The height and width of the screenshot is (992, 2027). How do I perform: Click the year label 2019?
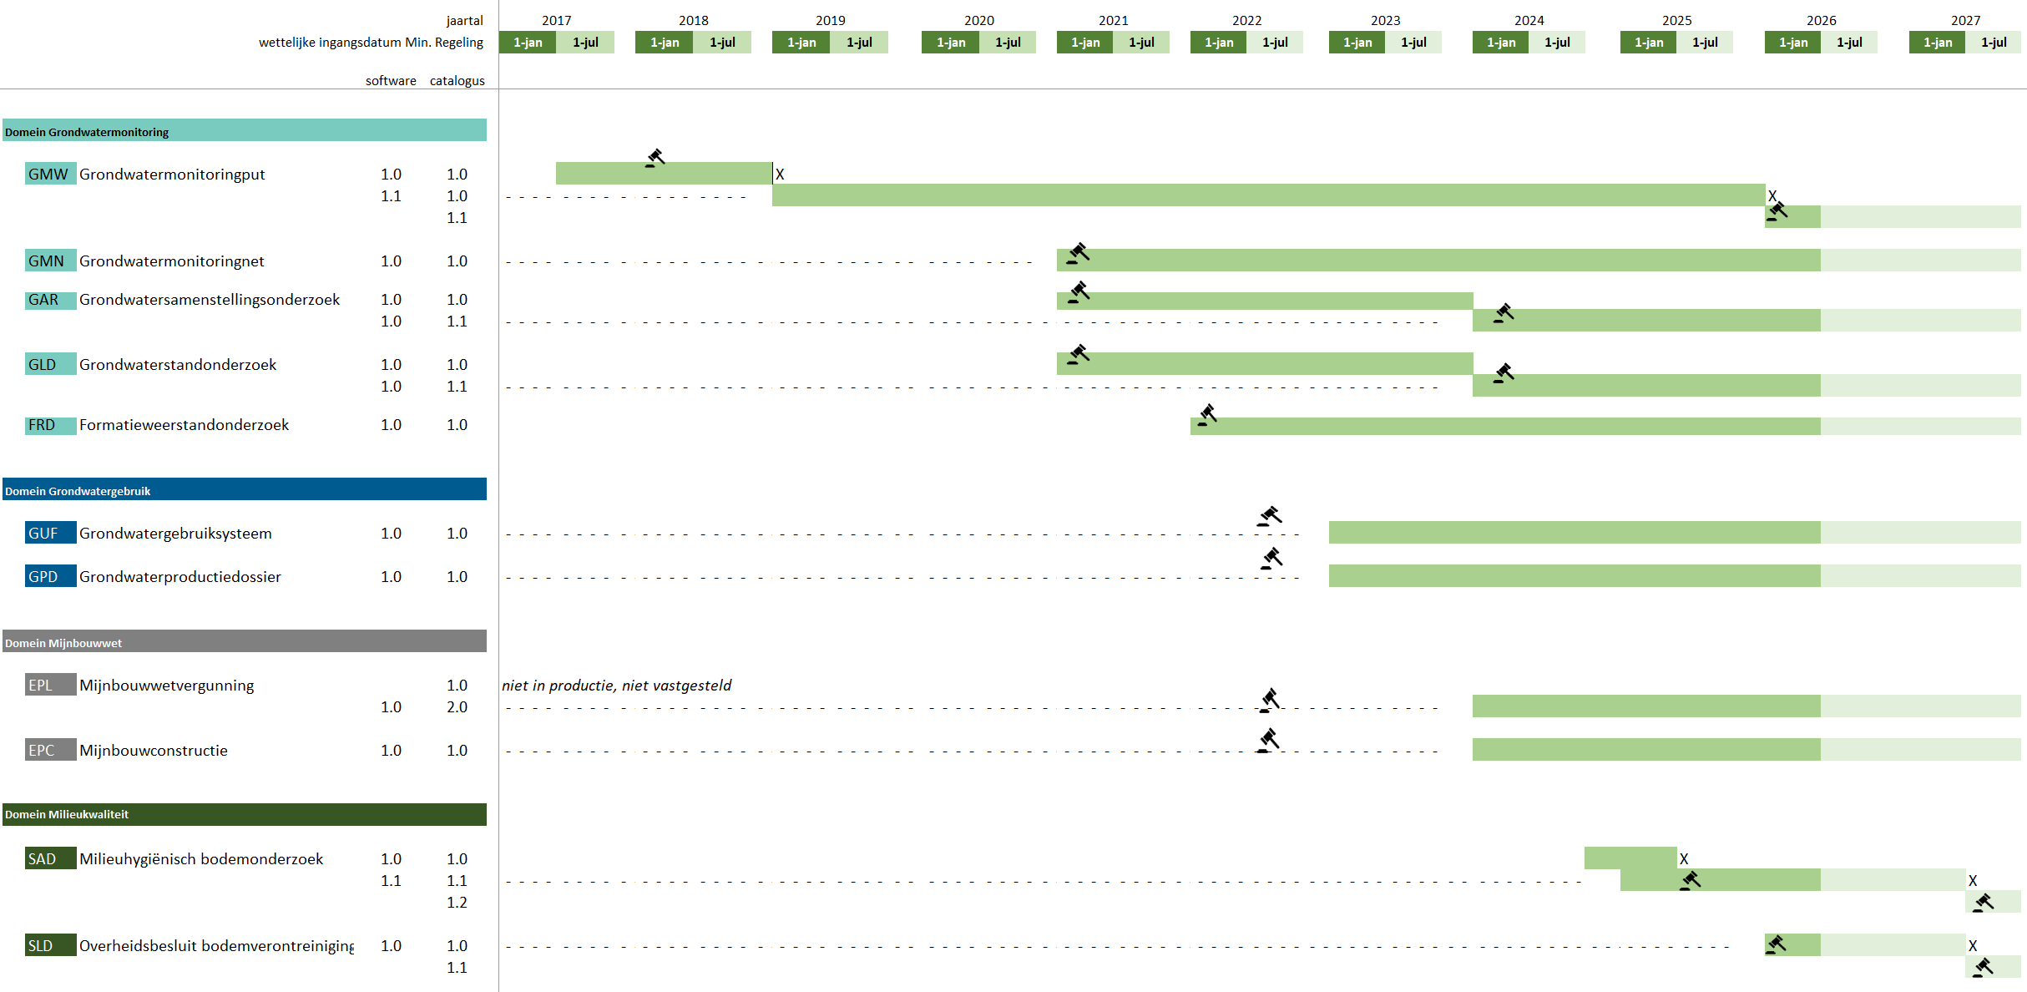830,20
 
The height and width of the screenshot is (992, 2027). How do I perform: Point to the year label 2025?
1676,20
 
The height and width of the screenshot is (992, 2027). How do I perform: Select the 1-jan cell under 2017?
528,42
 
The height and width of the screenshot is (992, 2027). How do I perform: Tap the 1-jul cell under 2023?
1413,42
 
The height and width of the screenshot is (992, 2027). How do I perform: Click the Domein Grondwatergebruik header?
245,489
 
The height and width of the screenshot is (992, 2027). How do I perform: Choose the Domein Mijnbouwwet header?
245,641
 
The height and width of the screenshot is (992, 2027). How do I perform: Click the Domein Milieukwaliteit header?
245,814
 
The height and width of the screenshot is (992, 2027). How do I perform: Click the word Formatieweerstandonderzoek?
184,424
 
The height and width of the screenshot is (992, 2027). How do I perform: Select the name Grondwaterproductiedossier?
180,576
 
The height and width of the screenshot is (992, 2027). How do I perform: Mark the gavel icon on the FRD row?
1207,415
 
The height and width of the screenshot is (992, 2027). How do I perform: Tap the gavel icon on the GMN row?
1078,253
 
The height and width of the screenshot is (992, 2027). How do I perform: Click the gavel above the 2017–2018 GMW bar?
655,158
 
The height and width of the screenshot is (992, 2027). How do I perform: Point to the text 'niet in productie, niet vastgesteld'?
616,685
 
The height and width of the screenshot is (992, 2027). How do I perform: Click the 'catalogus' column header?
457,80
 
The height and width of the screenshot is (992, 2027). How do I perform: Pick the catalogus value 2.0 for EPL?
457,706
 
